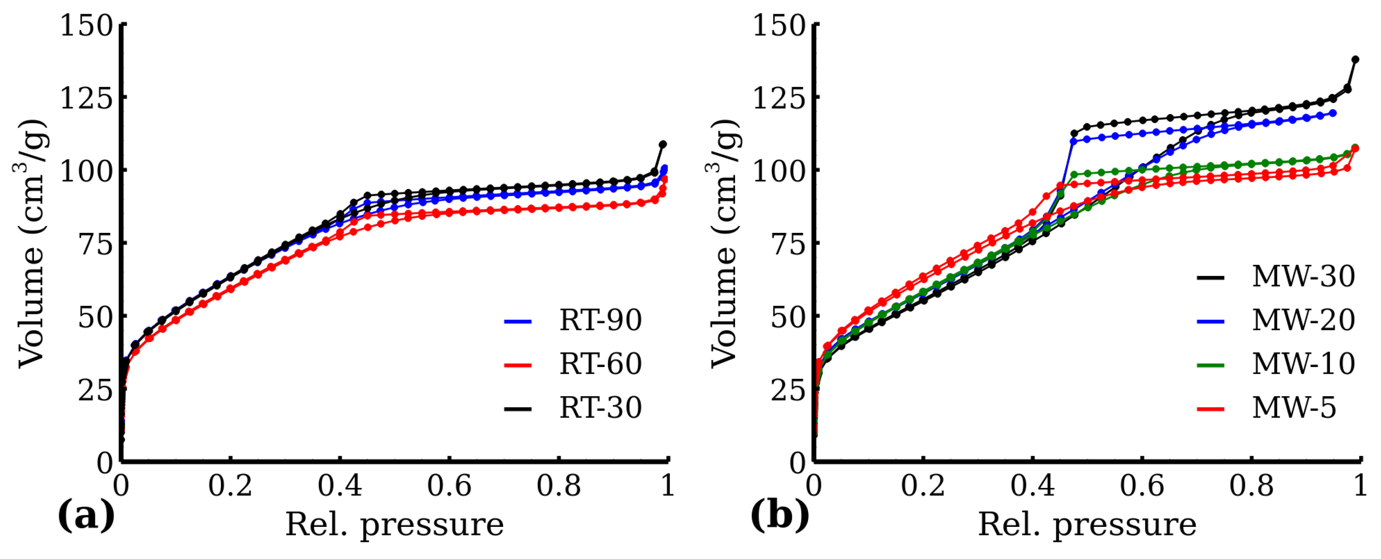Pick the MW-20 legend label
point(1303,321)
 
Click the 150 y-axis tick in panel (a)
point(86,25)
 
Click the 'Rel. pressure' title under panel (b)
point(1087,525)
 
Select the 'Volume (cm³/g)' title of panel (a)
point(31,244)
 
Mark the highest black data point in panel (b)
point(1355,60)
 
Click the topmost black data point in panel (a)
point(663,144)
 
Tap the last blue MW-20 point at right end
point(1333,113)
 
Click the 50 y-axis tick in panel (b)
point(788,317)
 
